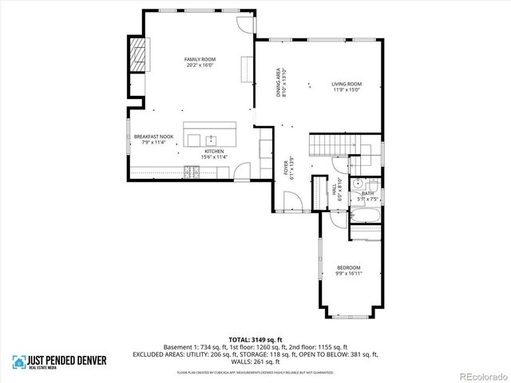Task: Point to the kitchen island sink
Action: click(x=211, y=137)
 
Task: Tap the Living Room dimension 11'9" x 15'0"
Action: click(x=347, y=90)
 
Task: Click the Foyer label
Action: click(x=285, y=170)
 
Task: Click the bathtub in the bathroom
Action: click(x=366, y=216)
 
